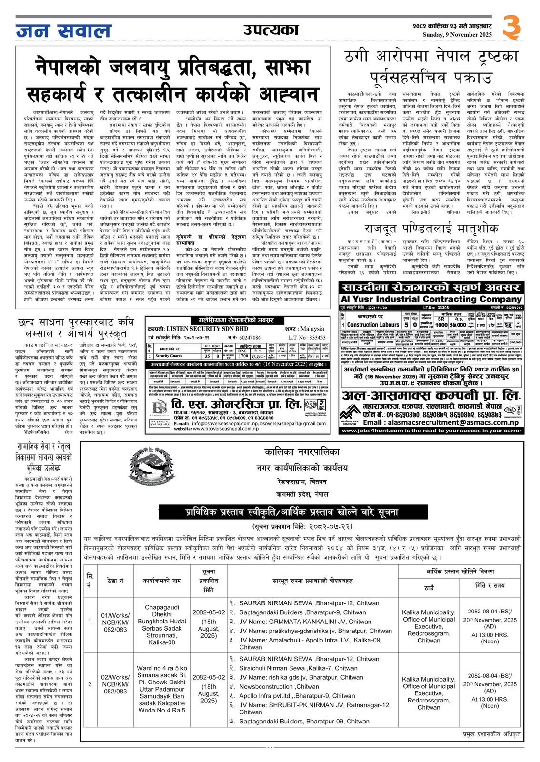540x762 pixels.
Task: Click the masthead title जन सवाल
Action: tap(63, 30)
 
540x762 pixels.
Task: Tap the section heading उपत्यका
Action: tap(270, 30)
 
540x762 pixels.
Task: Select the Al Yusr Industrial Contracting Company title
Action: tap(431, 299)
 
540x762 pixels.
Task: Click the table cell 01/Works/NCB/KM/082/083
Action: tap(115, 622)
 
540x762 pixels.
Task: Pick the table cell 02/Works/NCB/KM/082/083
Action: tap(115, 684)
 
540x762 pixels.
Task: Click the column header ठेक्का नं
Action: tap(115, 581)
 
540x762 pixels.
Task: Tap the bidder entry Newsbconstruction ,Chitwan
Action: tap(279, 686)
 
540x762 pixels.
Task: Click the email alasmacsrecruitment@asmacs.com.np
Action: tap(440, 422)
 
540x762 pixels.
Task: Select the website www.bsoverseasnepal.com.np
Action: tap(223, 429)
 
